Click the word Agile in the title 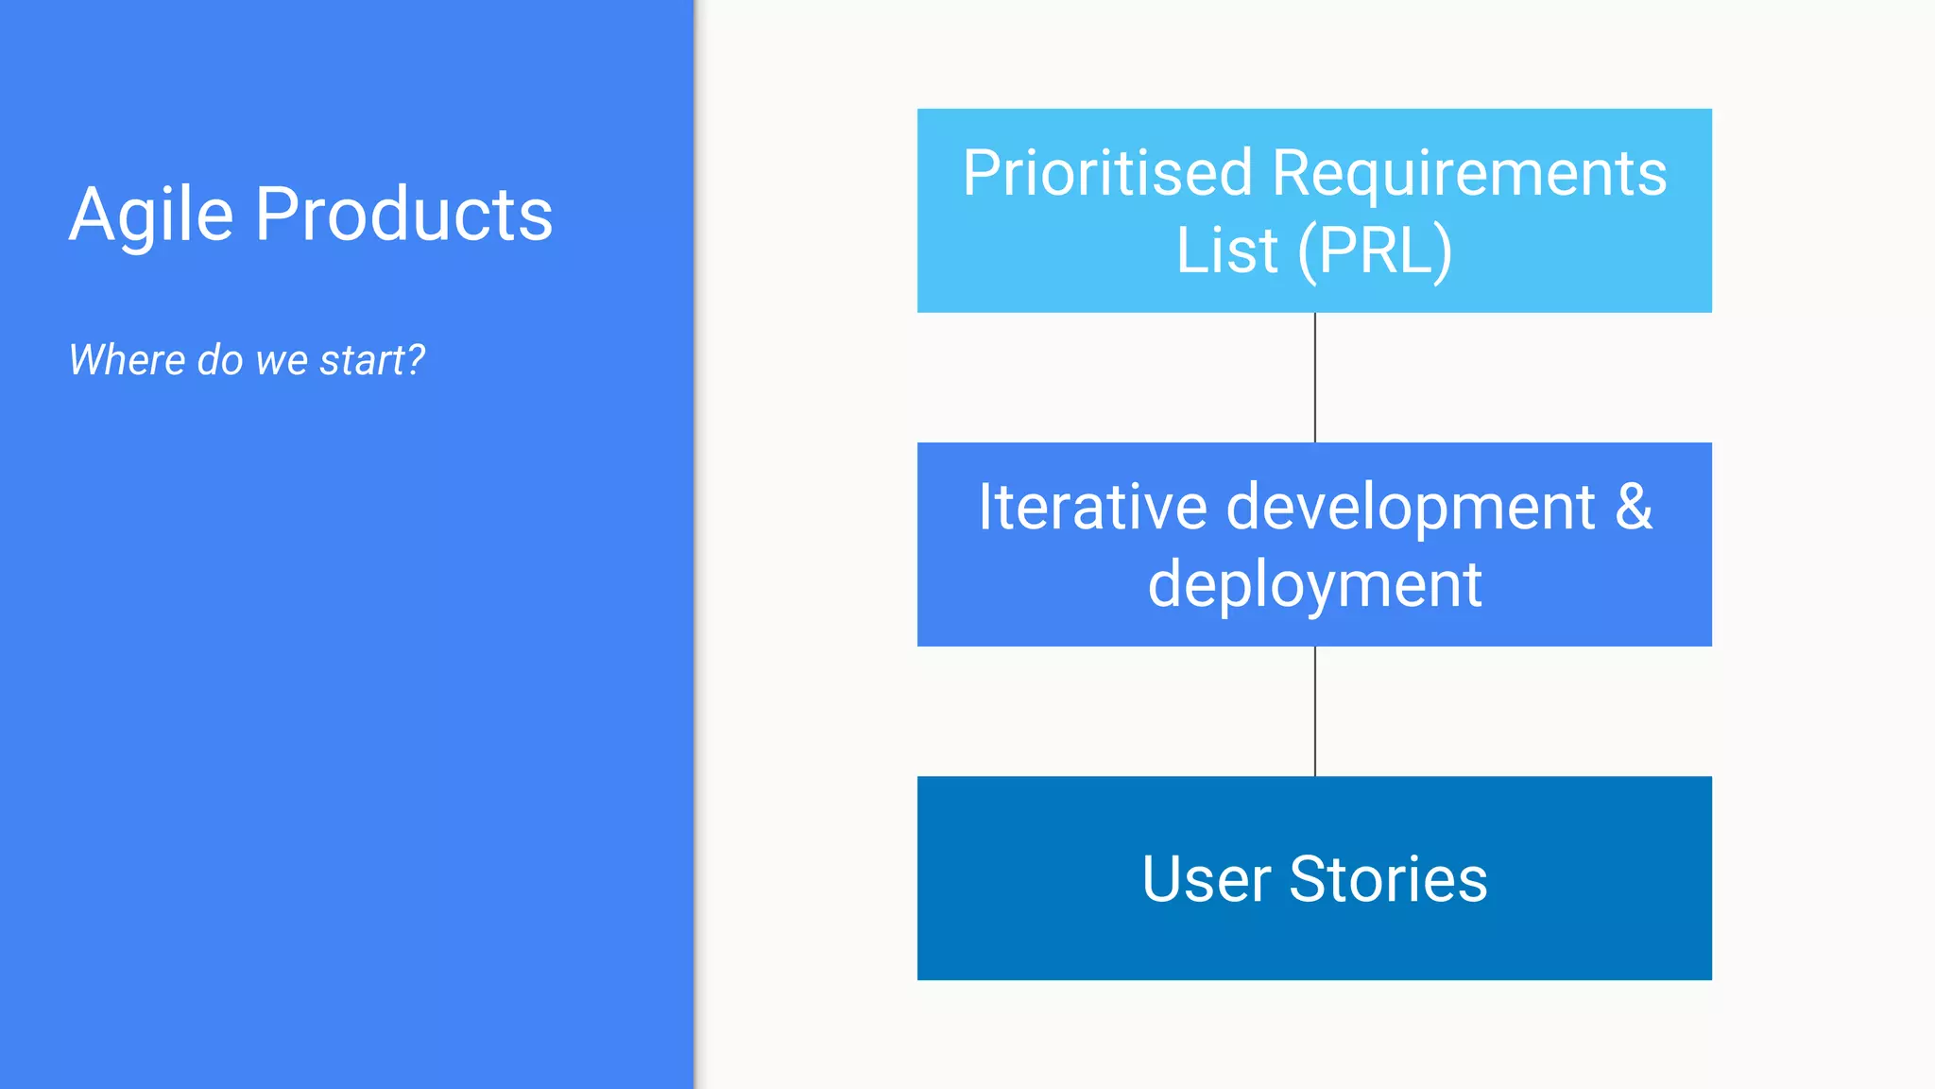point(151,216)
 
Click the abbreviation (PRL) point(1375,251)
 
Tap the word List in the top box point(1226,251)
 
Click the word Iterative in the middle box point(1092,507)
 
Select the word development point(1411,507)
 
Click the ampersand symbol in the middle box point(1633,507)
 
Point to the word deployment point(1314,585)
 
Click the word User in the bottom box point(1206,879)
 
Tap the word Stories point(1388,879)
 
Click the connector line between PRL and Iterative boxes point(1315,377)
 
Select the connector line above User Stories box point(1315,711)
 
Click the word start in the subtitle point(362,360)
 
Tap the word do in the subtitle point(220,360)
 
